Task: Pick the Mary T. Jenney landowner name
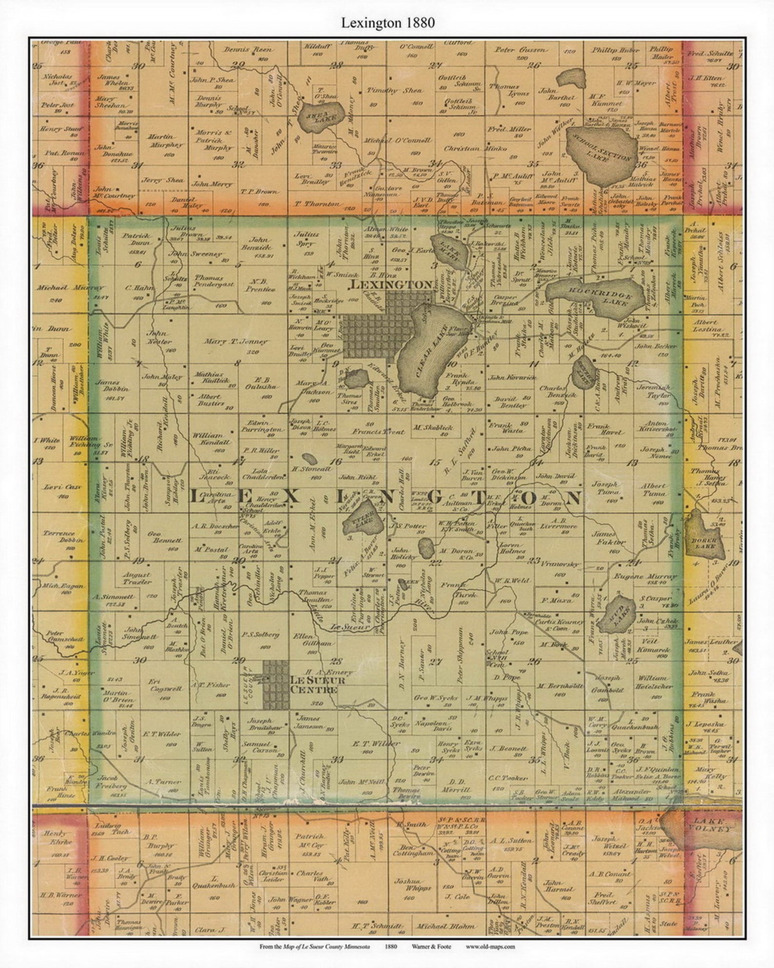[x=236, y=342]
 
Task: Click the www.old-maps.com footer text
[x=490, y=947]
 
